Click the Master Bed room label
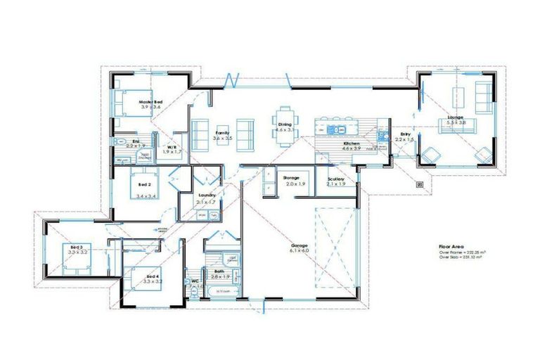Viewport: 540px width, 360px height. coord(150,102)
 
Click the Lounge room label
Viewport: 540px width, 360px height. coord(456,117)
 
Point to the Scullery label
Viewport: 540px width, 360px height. coord(336,179)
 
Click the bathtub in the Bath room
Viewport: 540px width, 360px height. coord(223,290)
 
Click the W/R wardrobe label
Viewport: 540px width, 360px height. coord(172,147)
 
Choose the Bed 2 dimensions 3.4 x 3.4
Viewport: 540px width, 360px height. coord(146,196)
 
